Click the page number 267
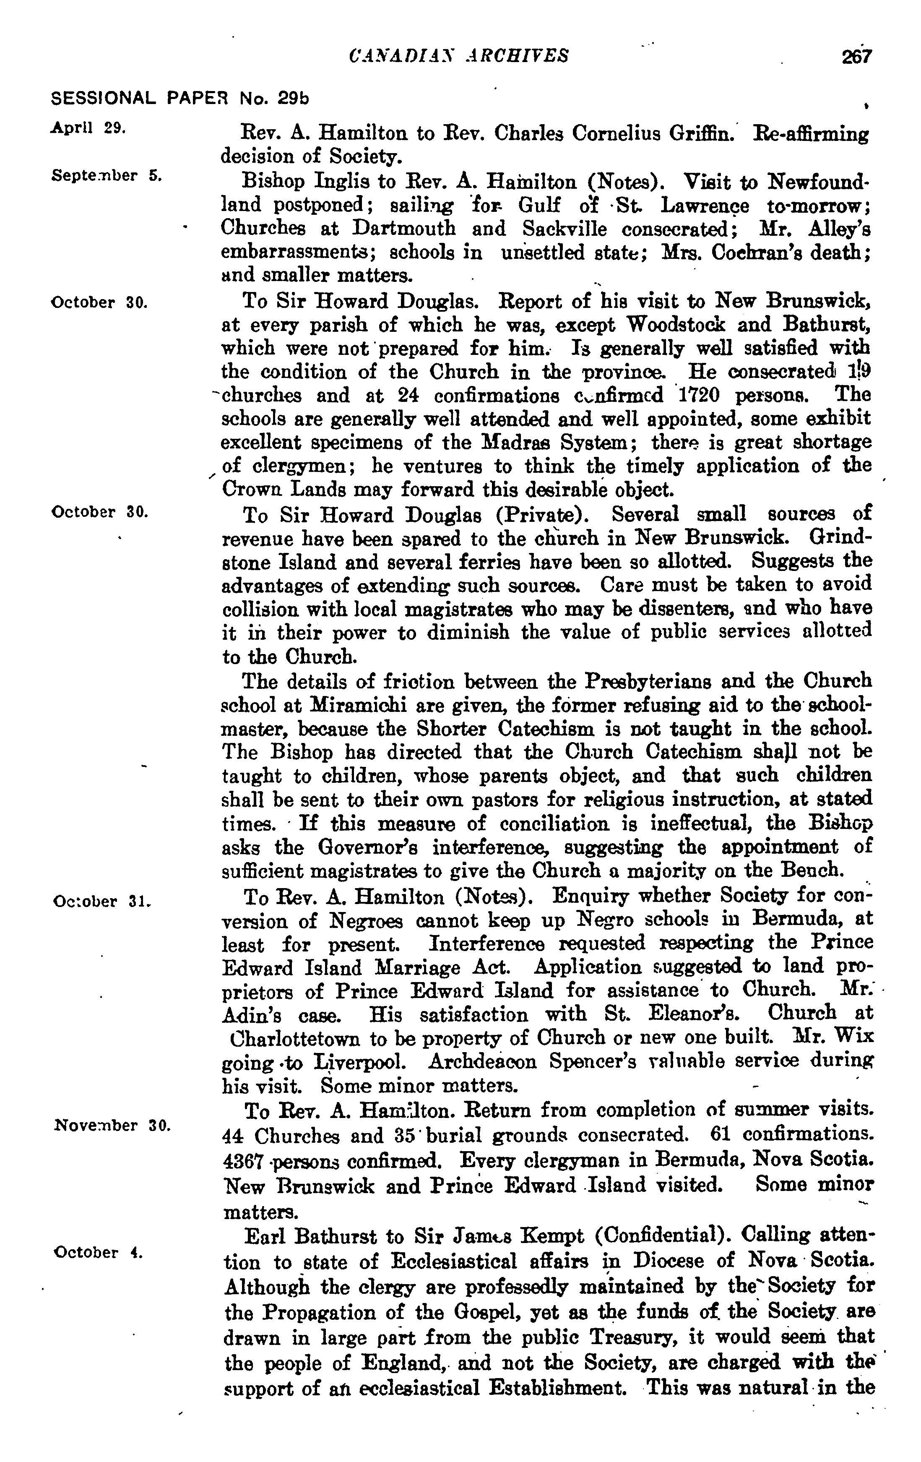856,57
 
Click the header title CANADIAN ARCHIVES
460,56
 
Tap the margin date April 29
88,128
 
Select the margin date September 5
106,176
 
